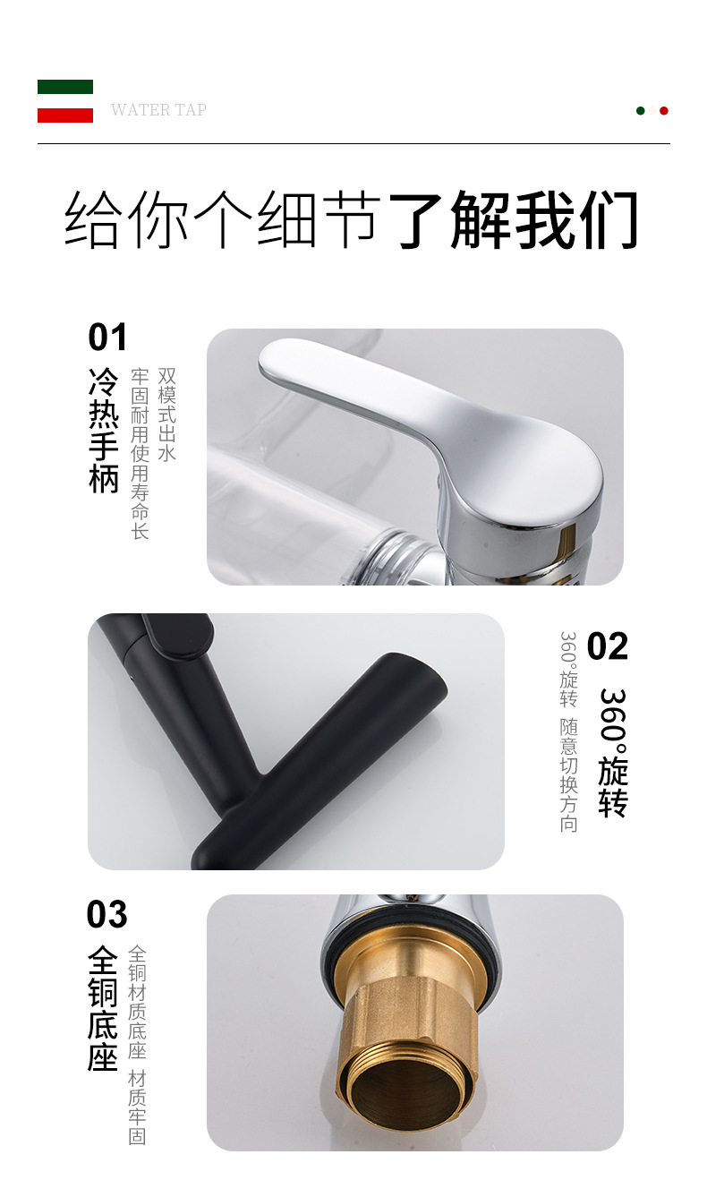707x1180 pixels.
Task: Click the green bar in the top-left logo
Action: (65, 87)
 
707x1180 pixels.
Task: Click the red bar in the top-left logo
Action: (65, 115)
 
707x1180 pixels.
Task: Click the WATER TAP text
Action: (158, 110)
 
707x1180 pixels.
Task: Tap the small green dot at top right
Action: (641, 111)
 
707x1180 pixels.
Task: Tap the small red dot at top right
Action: (664, 111)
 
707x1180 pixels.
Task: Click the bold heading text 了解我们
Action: (514, 219)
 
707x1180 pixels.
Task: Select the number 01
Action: (107, 338)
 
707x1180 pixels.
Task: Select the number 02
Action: (608, 646)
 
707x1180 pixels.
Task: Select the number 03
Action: (107, 915)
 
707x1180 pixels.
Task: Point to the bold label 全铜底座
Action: (104, 1009)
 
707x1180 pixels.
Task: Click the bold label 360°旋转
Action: (613, 752)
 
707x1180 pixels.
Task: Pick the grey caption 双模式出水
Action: (166, 413)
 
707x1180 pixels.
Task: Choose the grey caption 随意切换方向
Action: (569, 774)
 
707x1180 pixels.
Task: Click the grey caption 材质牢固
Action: (137, 1107)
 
